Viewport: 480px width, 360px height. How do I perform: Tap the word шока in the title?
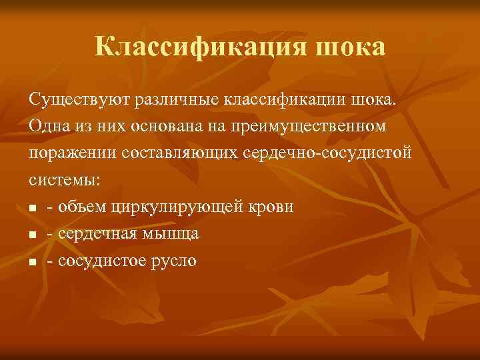[x=353, y=47]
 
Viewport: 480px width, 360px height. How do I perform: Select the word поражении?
[x=71, y=153]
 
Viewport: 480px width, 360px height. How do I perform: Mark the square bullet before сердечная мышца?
[x=33, y=235]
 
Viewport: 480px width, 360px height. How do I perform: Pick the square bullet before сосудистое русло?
[x=33, y=261]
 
